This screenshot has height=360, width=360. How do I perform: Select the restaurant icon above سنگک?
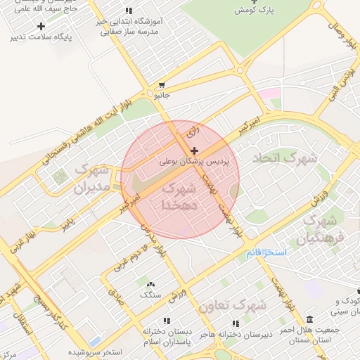pos(150,284)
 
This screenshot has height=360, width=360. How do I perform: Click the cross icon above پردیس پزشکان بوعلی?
pos(194,150)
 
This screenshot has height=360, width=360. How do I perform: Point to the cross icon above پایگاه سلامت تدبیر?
pos(40,26)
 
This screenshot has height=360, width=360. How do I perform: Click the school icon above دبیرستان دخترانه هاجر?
pos(236,323)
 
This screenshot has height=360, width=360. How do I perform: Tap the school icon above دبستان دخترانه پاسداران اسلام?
pos(166,319)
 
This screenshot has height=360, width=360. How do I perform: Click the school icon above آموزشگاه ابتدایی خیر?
pos(127,11)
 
